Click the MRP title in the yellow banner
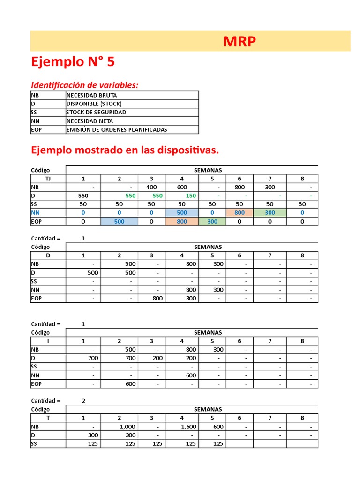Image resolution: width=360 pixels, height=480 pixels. click(x=240, y=42)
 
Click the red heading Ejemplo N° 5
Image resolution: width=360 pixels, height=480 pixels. click(x=73, y=62)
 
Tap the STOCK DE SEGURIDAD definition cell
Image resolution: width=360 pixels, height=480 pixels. click(x=96, y=112)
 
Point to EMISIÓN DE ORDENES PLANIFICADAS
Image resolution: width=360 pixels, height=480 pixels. click(x=117, y=130)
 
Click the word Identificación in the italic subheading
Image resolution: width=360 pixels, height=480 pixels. click(x=58, y=85)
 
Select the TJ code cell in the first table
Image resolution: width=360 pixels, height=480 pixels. click(x=48, y=179)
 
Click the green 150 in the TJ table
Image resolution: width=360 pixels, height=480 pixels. click(x=190, y=195)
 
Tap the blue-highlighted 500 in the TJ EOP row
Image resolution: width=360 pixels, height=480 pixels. click(x=120, y=221)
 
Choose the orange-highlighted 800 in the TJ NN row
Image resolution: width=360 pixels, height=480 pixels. click(x=239, y=213)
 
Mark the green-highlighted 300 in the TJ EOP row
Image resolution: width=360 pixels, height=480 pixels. click(x=212, y=221)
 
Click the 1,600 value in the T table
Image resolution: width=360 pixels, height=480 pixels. click(x=188, y=427)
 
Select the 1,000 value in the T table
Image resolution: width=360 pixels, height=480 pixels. click(x=127, y=427)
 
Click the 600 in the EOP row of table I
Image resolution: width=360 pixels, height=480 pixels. click(x=130, y=384)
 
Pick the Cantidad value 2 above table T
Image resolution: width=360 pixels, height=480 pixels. click(x=83, y=401)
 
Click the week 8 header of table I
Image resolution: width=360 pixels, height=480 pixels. click(x=302, y=341)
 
